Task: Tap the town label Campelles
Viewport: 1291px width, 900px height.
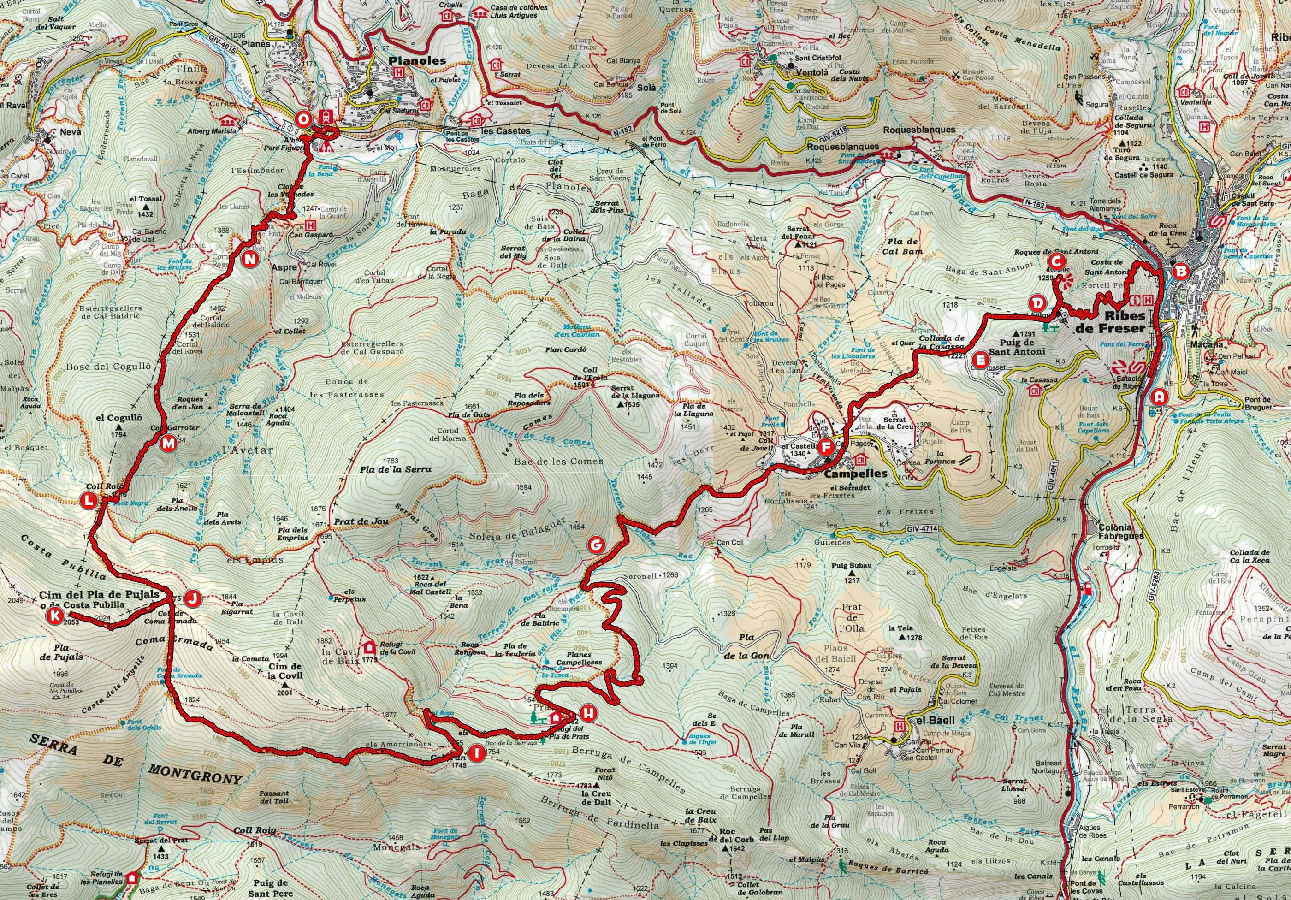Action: [x=847, y=474]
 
